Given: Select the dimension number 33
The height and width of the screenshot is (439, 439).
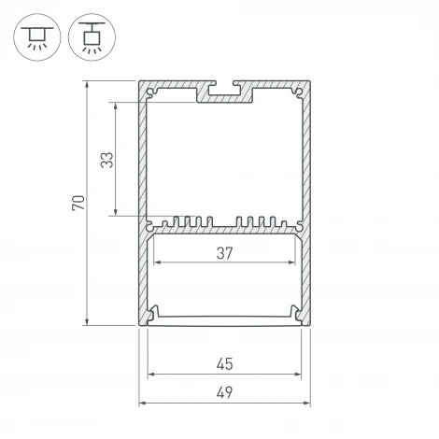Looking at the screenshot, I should [106, 160].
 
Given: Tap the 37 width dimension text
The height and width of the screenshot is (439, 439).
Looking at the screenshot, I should [224, 252].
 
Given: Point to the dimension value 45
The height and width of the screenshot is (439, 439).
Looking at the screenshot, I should [224, 364].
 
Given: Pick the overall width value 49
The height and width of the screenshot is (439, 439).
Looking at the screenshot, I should [224, 392].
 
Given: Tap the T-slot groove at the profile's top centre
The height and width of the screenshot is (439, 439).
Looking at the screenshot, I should [224, 92].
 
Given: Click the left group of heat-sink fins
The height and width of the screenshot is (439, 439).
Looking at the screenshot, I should [186, 223].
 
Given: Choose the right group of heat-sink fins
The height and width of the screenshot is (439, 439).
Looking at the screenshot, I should [262, 223].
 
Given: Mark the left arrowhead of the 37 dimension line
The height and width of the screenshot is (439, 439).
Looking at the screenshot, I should [157, 263].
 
